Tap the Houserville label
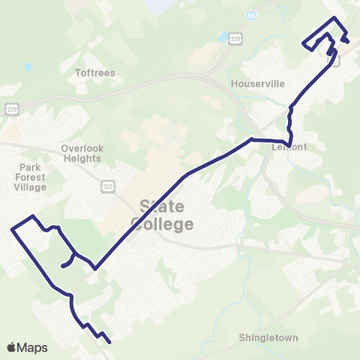[259, 84]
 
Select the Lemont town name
[286, 148]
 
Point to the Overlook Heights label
[81, 154]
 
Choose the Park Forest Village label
[33, 177]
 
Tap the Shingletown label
[268, 337]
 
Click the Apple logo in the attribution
[12, 347]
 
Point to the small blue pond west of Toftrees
[28, 67]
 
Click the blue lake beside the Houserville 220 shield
[223, 37]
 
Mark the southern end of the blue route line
[110, 343]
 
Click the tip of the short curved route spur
[61, 265]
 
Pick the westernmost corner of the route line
[11, 229]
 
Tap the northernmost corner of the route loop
[334, 17]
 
